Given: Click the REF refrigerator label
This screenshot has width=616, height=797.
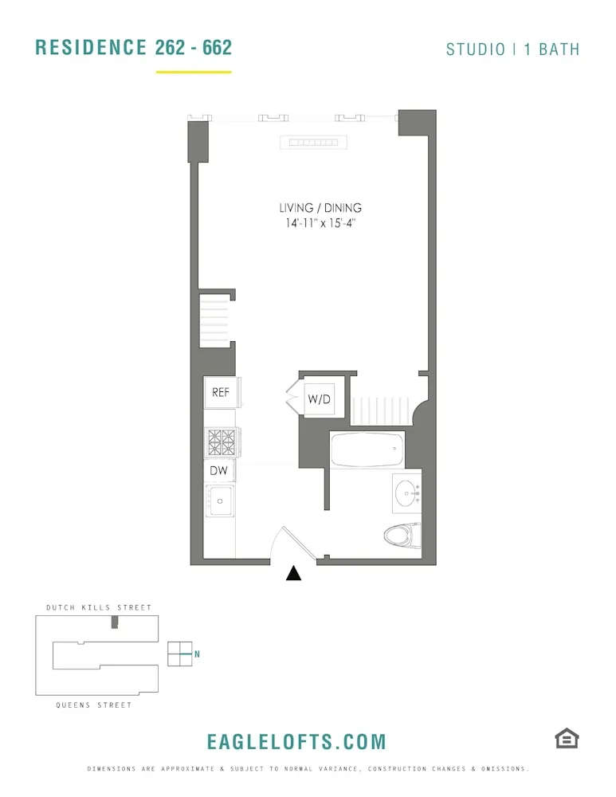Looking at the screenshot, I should pyautogui.click(x=221, y=392).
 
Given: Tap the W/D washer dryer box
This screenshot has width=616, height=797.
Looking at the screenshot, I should pyautogui.click(x=319, y=399).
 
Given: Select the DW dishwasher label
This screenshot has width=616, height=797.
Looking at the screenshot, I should pyautogui.click(x=219, y=471).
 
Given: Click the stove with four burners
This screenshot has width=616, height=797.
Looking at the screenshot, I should pyautogui.click(x=222, y=440).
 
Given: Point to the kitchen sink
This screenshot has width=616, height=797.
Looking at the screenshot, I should pyautogui.click(x=219, y=500).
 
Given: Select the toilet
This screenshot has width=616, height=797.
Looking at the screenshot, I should pyautogui.click(x=402, y=535).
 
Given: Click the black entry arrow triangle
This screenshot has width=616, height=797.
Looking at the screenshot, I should pyautogui.click(x=294, y=573).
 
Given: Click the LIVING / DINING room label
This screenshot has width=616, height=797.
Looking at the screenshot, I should pyautogui.click(x=320, y=208).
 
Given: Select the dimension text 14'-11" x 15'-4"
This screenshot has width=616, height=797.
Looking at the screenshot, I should pyautogui.click(x=320, y=224).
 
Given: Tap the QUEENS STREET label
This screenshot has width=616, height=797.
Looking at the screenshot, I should pyautogui.click(x=94, y=705).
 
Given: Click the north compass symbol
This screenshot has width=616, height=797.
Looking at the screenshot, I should pyautogui.click(x=181, y=654).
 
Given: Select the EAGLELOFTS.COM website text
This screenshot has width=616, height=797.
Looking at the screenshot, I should pyautogui.click(x=296, y=742).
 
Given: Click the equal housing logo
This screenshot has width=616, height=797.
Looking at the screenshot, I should pyautogui.click(x=567, y=739).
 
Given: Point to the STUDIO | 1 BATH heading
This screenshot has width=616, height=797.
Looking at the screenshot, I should pyautogui.click(x=512, y=49).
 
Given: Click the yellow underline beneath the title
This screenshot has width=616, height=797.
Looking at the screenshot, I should pyautogui.click(x=194, y=72).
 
